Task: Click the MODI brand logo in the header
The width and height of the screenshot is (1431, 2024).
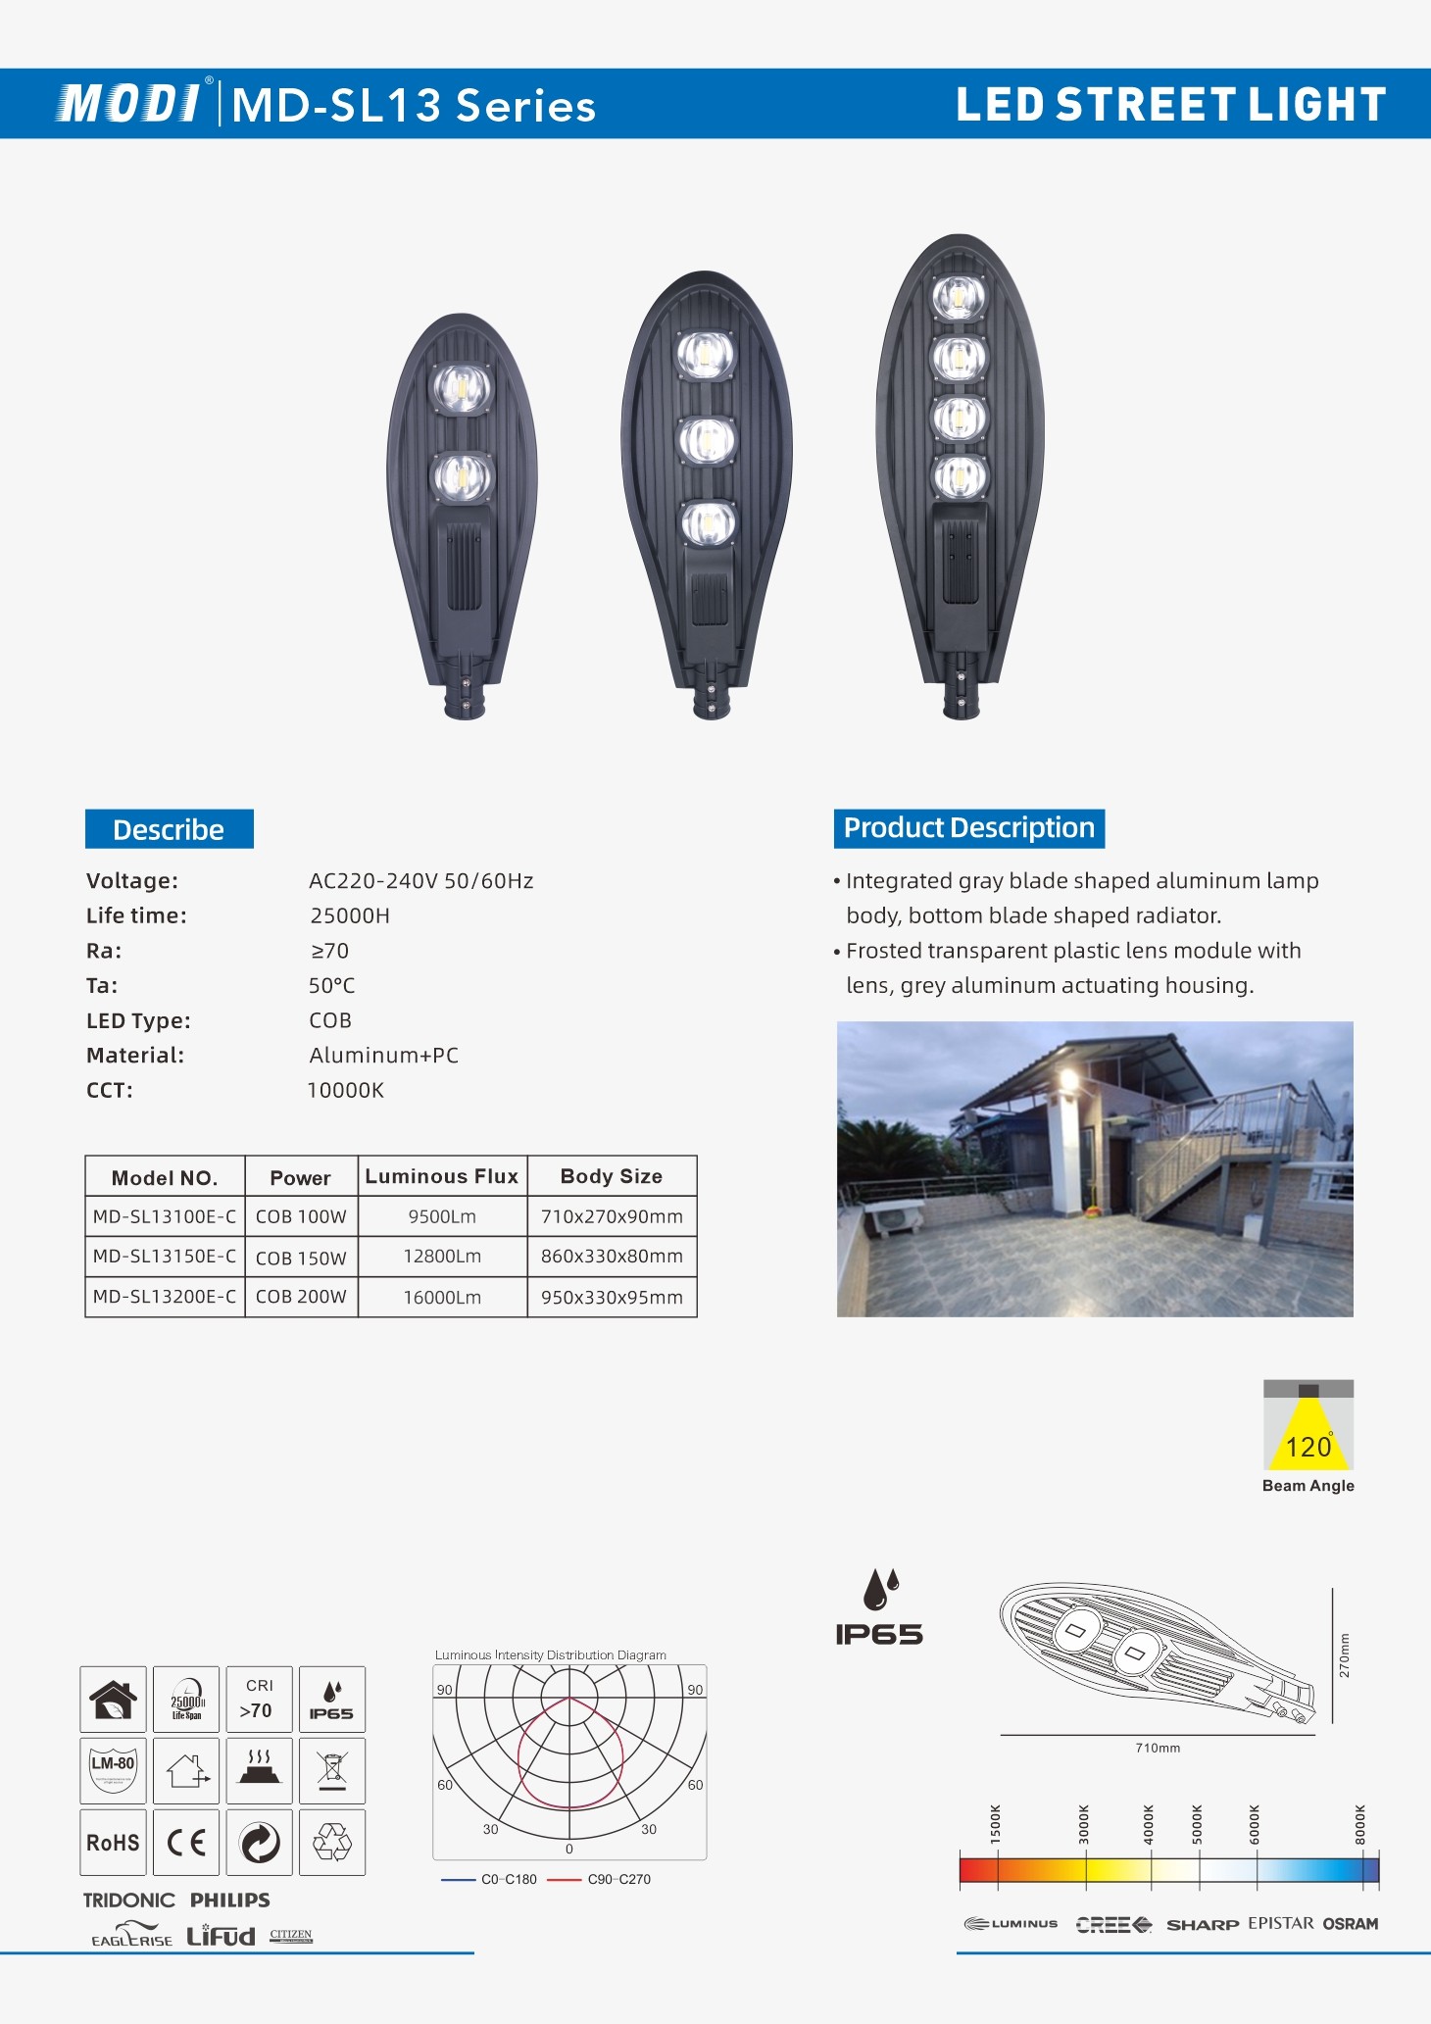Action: coord(129,104)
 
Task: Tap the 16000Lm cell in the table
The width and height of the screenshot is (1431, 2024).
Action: coord(442,1297)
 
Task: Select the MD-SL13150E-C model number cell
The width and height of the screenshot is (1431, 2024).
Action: coord(165,1257)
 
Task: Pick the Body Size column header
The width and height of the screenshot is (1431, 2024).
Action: coord(611,1176)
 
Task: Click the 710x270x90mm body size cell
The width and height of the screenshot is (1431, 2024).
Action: coord(612,1216)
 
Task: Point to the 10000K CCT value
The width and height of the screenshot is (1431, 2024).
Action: coord(346,1090)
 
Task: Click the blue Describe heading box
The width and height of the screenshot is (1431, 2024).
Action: coord(169,829)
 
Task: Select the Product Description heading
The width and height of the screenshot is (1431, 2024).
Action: coord(968,828)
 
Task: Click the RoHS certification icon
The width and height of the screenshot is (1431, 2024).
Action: coord(114,1843)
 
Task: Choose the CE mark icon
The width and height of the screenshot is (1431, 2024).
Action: coord(186,1843)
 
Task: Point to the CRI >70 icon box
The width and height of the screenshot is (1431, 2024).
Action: coord(259,1699)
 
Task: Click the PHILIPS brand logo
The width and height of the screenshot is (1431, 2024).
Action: coord(229,1900)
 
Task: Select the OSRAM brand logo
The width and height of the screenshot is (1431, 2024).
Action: coord(1350,1923)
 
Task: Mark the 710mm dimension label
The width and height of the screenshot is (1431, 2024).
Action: coord(1158,1748)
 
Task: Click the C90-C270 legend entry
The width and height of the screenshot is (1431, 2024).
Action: coord(618,1879)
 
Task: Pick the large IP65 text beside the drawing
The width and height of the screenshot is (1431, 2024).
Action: coord(878,1634)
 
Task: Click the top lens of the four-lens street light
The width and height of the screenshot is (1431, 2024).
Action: coord(958,297)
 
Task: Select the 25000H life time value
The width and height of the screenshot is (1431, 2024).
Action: coord(350,915)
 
